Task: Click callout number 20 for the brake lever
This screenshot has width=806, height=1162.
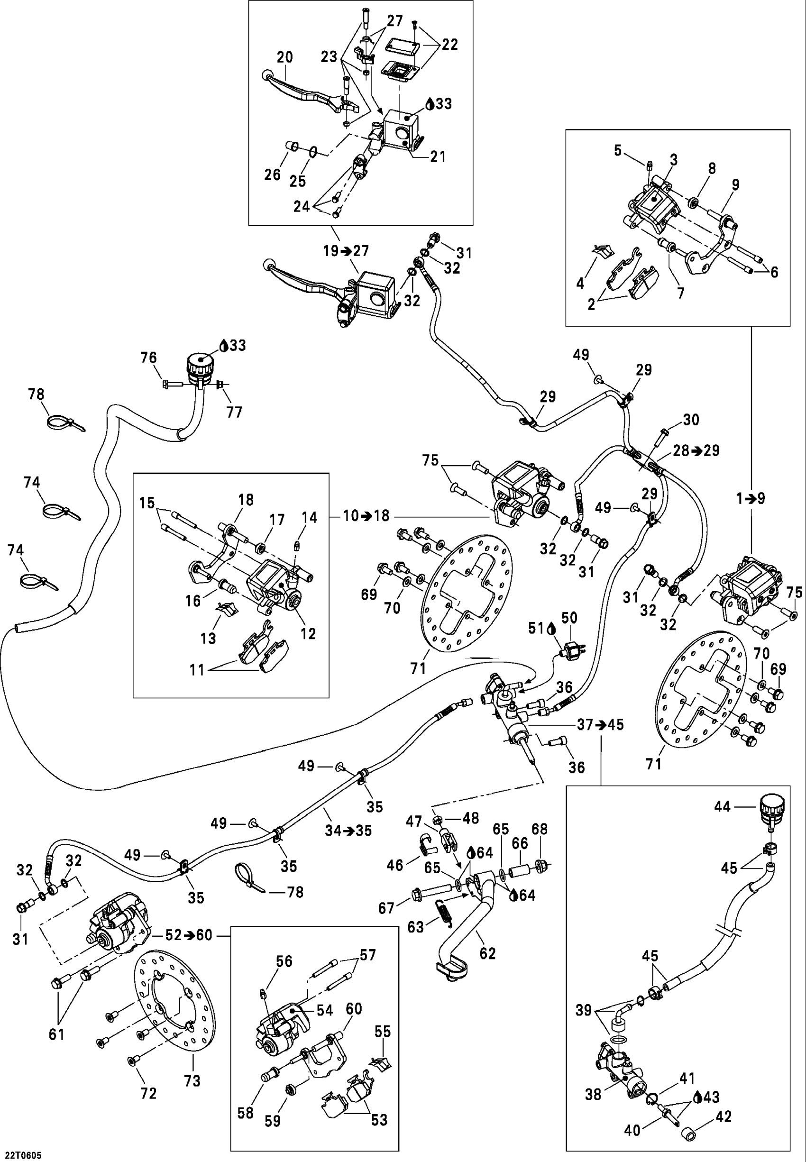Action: (285, 57)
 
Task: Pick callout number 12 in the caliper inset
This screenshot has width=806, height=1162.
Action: (308, 634)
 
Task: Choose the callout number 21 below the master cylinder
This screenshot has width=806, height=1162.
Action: (438, 157)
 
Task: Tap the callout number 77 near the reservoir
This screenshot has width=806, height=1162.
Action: (234, 412)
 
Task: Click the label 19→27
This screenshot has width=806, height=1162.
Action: (347, 250)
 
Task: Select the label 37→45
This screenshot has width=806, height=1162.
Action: (600, 725)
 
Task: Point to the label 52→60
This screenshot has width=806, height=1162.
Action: (189, 935)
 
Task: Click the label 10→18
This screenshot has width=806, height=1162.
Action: (366, 516)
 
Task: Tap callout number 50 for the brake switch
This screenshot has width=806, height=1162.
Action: (569, 618)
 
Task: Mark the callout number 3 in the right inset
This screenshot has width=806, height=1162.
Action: (674, 160)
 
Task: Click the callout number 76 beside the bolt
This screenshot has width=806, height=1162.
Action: (148, 358)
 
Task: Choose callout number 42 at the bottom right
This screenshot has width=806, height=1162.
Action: (724, 1116)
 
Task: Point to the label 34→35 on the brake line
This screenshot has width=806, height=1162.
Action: (348, 830)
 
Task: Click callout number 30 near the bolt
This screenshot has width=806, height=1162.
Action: (691, 419)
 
